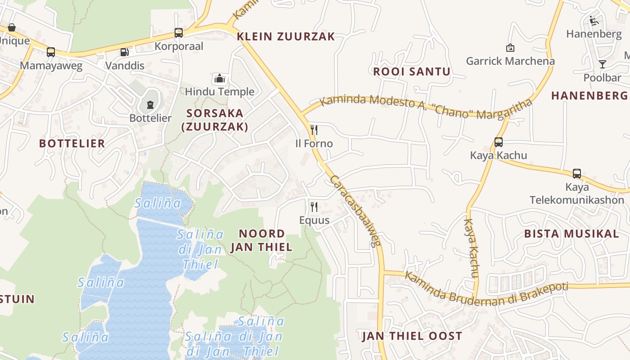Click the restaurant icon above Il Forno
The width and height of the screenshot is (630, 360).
(x=314, y=130)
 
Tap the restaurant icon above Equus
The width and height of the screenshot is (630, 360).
(x=314, y=207)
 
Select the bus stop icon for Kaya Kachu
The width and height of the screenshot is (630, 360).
(x=498, y=142)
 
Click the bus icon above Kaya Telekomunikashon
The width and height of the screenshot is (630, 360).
(x=577, y=174)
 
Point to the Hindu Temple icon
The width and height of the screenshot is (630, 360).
(x=220, y=79)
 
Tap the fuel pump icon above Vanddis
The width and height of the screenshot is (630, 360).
(x=124, y=52)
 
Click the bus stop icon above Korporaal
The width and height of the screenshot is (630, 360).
(x=179, y=33)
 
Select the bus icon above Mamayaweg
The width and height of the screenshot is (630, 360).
(x=51, y=52)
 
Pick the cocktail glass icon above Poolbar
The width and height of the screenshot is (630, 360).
(x=602, y=64)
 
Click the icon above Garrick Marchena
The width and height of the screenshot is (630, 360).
(x=510, y=48)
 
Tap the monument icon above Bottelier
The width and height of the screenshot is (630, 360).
(x=150, y=104)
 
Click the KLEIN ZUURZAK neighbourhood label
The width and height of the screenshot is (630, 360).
(x=286, y=36)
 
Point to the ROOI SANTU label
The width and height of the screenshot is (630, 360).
(x=411, y=72)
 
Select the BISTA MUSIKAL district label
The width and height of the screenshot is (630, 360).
(x=571, y=234)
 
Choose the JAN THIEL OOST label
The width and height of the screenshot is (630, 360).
(x=412, y=336)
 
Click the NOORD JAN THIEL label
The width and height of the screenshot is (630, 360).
(x=261, y=240)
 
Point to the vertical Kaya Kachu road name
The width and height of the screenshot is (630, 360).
(x=471, y=247)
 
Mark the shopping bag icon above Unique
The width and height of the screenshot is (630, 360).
(x=12, y=27)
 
